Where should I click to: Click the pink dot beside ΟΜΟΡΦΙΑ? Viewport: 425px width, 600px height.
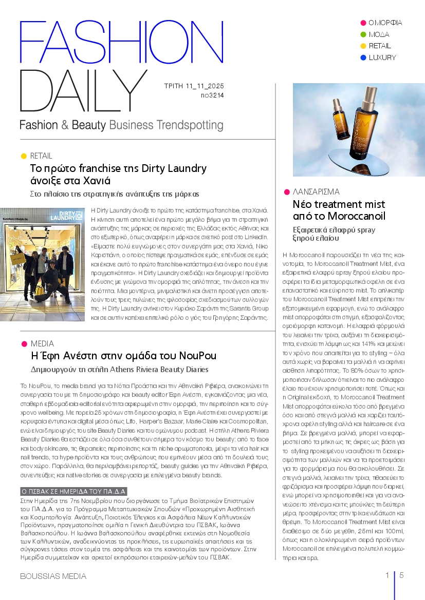point(363,23)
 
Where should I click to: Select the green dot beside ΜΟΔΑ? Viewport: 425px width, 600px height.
point(363,34)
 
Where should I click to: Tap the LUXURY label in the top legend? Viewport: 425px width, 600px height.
point(382,57)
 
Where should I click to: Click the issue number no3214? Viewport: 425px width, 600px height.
point(212,95)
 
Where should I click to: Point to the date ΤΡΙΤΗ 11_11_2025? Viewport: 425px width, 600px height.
point(194,86)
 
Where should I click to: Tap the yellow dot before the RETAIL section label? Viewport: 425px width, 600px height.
point(24,156)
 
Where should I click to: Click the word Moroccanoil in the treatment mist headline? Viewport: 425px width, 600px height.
point(356,216)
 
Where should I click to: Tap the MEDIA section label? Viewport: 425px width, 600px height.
point(42,343)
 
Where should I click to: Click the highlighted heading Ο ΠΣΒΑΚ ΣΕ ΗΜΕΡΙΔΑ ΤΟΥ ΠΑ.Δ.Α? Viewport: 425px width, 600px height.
point(73,491)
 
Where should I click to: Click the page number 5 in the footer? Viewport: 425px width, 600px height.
point(401,575)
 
